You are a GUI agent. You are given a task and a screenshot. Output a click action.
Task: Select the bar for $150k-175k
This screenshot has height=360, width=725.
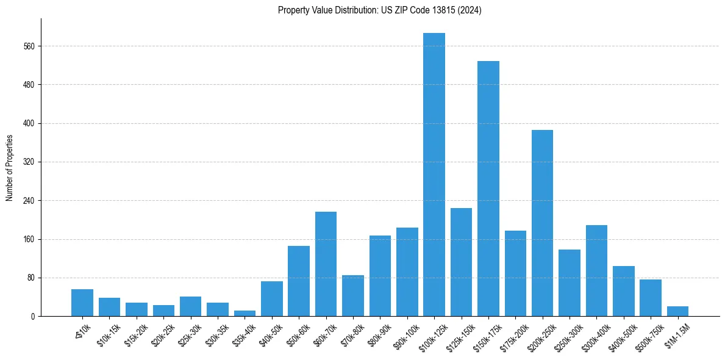pyautogui.click(x=488, y=189)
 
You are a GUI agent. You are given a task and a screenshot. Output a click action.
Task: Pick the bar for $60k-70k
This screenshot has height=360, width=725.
pyautogui.click(x=326, y=264)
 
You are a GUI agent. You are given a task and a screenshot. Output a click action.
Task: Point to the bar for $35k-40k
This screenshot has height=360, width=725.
pyautogui.click(x=245, y=313)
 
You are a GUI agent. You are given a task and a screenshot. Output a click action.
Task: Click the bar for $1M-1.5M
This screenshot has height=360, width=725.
pyautogui.click(x=677, y=311)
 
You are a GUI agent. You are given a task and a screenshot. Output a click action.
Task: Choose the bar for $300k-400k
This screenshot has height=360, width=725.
pyautogui.click(x=596, y=270)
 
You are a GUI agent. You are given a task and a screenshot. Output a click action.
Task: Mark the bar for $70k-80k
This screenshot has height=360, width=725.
pyautogui.click(x=353, y=295)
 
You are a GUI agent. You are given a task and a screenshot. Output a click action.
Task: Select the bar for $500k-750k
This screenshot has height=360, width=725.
pyautogui.click(x=651, y=298)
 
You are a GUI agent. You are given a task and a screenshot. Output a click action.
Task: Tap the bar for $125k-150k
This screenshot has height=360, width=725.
pyautogui.click(x=461, y=262)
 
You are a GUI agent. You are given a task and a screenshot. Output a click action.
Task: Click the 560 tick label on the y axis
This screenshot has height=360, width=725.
pyautogui.click(x=29, y=46)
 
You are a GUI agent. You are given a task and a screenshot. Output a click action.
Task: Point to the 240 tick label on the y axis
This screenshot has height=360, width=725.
pyautogui.click(x=29, y=201)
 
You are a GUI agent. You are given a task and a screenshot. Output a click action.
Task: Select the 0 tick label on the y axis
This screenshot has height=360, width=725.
pyautogui.click(x=34, y=317)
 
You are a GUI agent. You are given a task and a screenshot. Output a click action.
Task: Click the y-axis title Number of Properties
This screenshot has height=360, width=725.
pyautogui.click(x=10, y=168)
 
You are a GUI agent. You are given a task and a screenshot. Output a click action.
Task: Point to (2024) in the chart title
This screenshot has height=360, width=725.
pyautogui.click(x=469, y=10)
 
